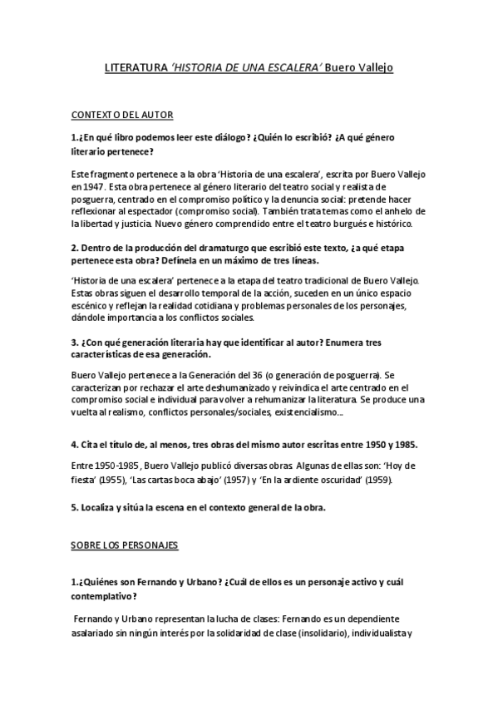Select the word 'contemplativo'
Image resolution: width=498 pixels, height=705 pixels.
pyautogui.click(x=109, y=596)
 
